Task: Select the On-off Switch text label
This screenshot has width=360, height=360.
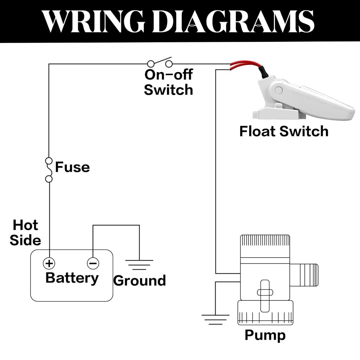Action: coord(168,83)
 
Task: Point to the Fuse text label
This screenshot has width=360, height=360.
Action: coord(72,167)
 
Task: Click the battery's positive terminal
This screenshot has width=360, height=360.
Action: coord(49,263)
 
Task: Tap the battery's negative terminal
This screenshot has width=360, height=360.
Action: coord(93,263)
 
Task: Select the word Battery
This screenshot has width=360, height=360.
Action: coord(72,278)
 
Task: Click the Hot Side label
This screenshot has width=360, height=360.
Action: coord(25,232)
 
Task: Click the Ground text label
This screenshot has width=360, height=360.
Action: coord(140,281)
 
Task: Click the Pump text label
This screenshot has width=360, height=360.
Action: coord(265,335)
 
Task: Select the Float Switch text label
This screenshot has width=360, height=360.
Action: coord(284,131)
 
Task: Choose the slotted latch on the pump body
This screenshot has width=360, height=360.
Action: coord(265,292)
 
